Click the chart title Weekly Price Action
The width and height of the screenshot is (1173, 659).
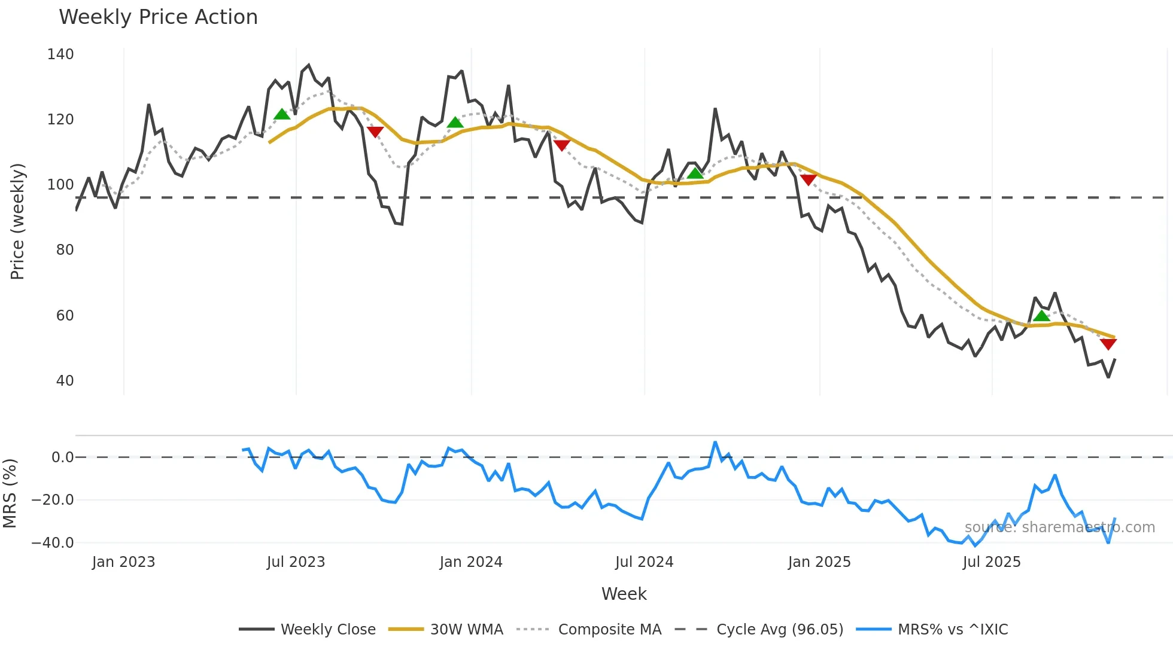[158, 17]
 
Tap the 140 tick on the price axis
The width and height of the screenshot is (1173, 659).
[60, 54]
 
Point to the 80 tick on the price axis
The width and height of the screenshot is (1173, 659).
[65, 250]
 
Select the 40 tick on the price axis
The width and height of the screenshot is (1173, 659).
[65, 381]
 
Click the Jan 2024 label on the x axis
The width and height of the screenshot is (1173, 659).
[471, 562]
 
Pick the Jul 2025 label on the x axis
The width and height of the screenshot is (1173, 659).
[992, 562]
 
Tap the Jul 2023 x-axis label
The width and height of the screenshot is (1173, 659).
[296, 562]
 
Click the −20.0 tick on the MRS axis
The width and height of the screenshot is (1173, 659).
[53, 500]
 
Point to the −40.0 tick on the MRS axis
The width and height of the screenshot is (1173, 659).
[53, 543]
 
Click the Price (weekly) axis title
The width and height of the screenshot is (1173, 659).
[17, 221]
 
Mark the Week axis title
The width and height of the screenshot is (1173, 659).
[624, 594]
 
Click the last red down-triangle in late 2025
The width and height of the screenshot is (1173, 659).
[1108, 344]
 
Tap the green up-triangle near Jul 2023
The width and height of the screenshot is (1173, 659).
[282, 114]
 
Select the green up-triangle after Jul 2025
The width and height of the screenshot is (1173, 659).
[1041, 316]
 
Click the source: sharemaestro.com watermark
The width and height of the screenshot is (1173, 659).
[1059, 527]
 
